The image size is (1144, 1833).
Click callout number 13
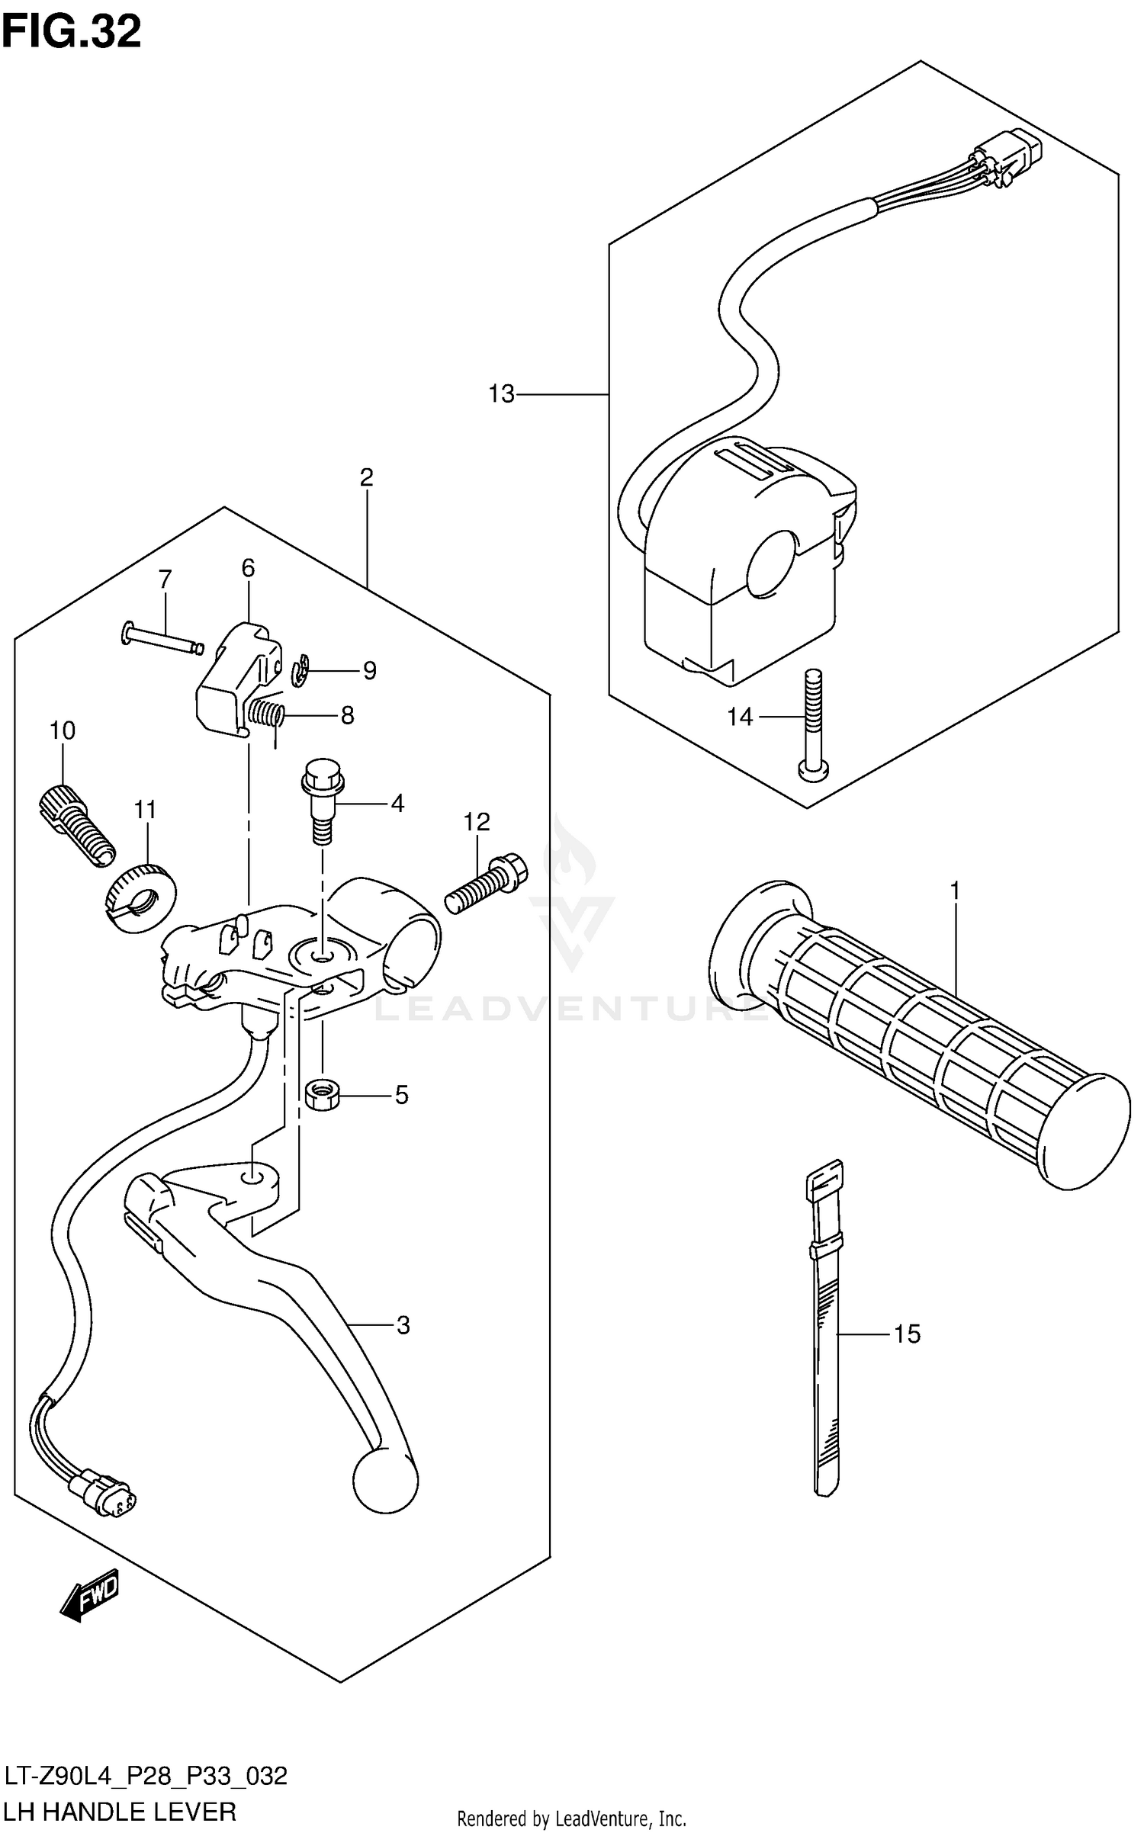tap(501, 394)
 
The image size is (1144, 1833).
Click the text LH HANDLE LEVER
tap(120, 1811)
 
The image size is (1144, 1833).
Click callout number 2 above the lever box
tap(366, 477)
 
